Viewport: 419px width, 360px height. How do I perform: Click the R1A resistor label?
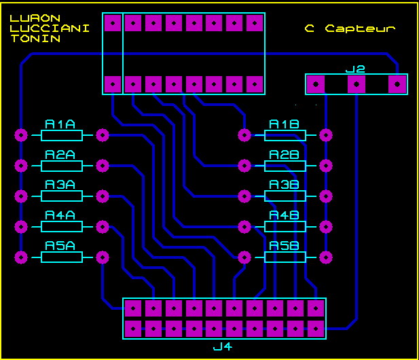[60, 124]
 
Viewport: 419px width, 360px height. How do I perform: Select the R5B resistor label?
[284, 246]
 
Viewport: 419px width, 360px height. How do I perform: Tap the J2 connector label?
[355, 69]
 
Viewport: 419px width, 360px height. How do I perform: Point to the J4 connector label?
[223, 346]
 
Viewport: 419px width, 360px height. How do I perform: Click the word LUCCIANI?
[50, 29]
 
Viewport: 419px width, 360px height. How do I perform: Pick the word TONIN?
[35, 39]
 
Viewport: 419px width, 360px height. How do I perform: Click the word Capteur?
[360, 29]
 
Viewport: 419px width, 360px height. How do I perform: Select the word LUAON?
[35, 18]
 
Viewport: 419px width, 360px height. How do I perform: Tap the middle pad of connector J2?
[357, 84]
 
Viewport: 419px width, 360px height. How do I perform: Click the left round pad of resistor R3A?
[21, 196]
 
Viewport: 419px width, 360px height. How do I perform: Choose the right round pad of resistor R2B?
[326, 166]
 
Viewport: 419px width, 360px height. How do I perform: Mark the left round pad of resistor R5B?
[244, 257]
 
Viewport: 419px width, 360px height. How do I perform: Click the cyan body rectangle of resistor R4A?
[62, 227]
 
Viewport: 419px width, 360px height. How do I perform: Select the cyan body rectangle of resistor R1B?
[285, 135]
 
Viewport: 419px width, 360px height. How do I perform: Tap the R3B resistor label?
[284, 185]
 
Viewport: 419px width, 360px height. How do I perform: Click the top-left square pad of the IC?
[113, 23]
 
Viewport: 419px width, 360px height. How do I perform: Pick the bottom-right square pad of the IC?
[255, 84]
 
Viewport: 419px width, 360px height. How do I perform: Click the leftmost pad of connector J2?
[316, 84]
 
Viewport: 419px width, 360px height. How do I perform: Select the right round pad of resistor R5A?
[103, 257]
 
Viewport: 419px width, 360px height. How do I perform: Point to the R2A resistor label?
[60, 155]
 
